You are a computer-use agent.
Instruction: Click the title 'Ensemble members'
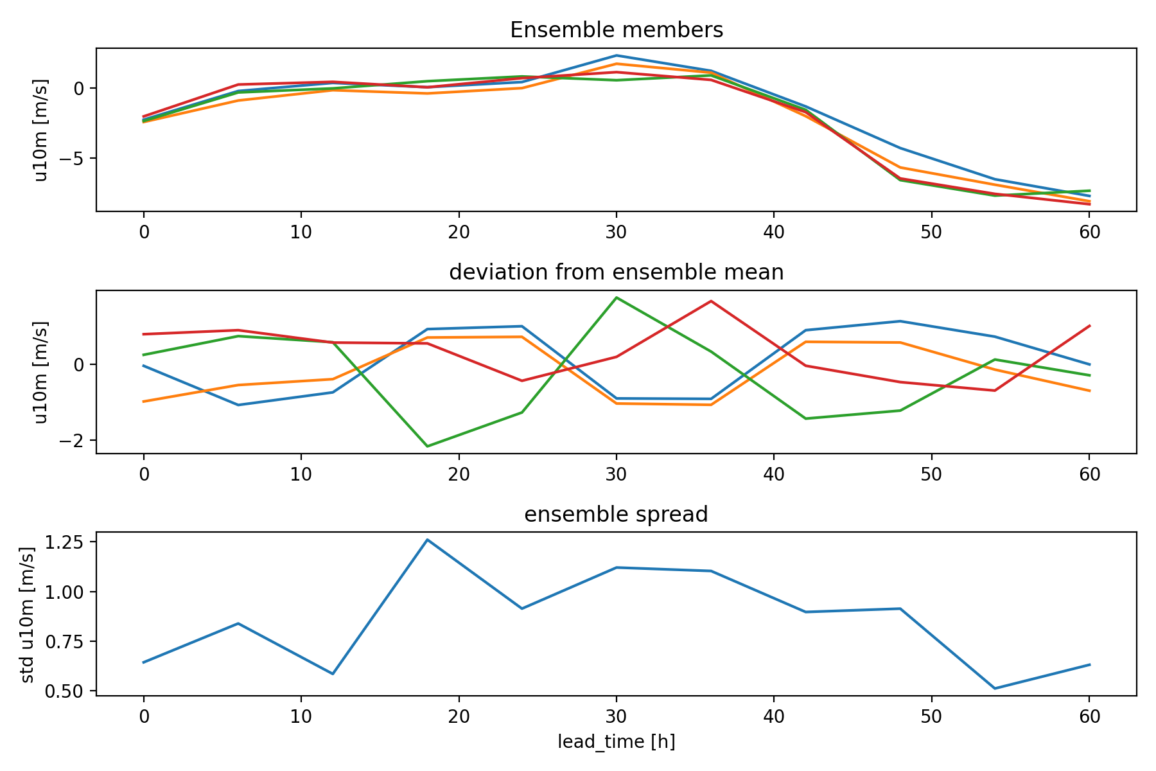(617, 30)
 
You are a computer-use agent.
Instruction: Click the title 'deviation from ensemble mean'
(617, 272)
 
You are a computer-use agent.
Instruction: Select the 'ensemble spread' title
(617, 515)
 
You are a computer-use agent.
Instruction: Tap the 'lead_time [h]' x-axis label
(617, 742)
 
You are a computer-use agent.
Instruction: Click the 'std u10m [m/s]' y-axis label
(27, 615)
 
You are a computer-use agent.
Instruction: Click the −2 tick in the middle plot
(71, 440)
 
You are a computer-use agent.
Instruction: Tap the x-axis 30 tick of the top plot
(617, 232)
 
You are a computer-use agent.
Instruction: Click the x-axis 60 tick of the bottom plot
(1089, 716)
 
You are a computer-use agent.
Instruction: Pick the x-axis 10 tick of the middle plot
(301, 474)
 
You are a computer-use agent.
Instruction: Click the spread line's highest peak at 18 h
(427, 540)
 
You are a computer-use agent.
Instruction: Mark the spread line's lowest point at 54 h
(995, 688)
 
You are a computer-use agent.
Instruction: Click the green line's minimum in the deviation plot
(427, 446)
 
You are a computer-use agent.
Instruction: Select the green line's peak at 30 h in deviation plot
(617, 297)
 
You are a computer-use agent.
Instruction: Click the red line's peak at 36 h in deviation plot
(711, 301)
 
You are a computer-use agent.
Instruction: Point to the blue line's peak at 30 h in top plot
(617, 55)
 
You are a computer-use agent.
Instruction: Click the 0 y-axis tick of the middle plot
(80, 364)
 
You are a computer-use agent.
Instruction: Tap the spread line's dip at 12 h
(333, 674)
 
